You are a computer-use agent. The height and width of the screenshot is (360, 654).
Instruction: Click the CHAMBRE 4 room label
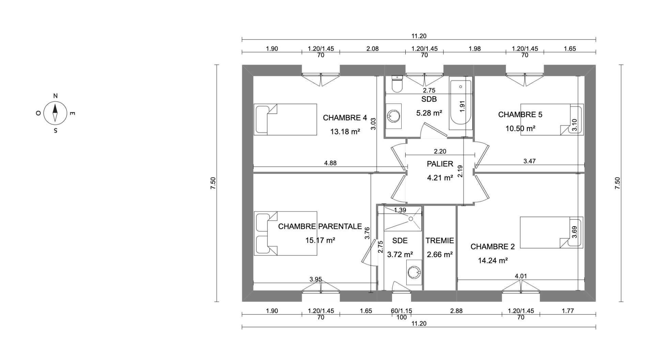[345, 118]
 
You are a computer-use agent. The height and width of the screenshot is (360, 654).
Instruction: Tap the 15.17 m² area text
[320, 240]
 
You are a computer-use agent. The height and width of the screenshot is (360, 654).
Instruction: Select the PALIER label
[440, 164]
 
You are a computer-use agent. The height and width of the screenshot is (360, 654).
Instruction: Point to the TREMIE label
[439, 241]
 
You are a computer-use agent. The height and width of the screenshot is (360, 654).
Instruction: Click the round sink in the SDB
[394, 116]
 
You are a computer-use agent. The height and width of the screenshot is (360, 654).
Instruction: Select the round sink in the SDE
[415, 272]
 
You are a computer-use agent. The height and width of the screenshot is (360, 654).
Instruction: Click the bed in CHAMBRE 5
[552, 120]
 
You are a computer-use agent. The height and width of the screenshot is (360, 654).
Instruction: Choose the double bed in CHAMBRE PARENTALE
[285, 233]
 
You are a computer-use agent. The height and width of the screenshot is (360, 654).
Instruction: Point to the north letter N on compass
[56, 96]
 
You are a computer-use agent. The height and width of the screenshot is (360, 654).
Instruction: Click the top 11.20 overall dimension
[419, 36]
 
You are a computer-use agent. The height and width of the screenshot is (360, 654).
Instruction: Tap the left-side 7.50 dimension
[213, 183]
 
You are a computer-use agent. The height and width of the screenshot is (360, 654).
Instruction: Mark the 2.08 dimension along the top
[372, 49]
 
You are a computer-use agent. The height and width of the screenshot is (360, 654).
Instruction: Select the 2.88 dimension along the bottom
[456, 311]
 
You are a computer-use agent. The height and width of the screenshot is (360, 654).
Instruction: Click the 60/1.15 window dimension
[402, 311]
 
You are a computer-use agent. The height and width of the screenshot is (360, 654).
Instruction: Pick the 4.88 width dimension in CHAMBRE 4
[330, 163]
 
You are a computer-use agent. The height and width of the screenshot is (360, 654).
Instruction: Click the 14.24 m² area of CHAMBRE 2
[493, 261]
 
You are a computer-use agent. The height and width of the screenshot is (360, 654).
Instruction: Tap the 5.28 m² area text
[429, 113]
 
